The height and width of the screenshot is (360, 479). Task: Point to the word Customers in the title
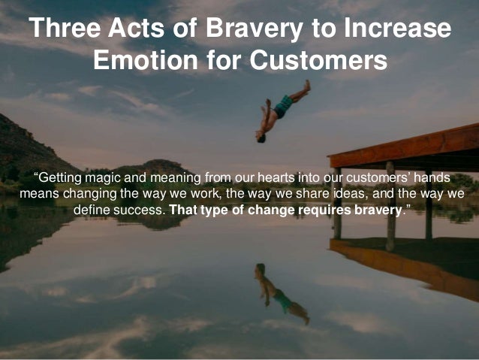318,59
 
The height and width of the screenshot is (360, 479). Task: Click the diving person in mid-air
281,110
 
